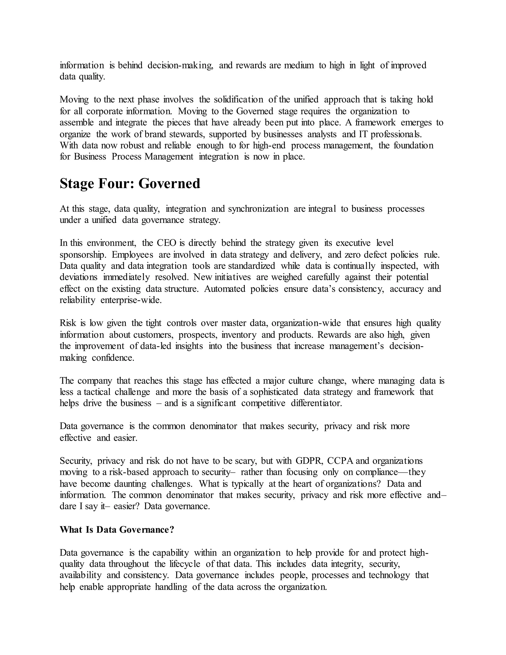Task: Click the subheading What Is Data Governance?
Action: pos(117,530)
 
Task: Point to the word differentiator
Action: pos(316,403)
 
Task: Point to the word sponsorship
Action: pos(83,255)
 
